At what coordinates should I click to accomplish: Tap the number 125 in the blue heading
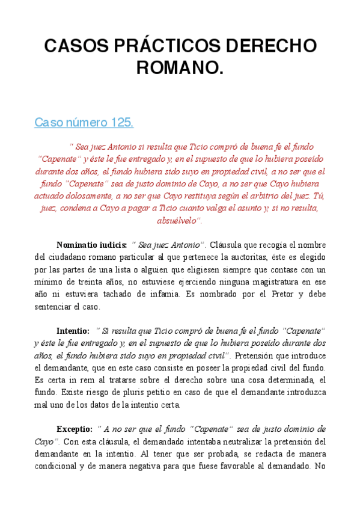(x=120, y=123)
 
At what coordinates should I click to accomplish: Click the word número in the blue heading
(x=84, y=123)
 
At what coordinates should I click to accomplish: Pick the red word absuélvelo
(x=178, y=220)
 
